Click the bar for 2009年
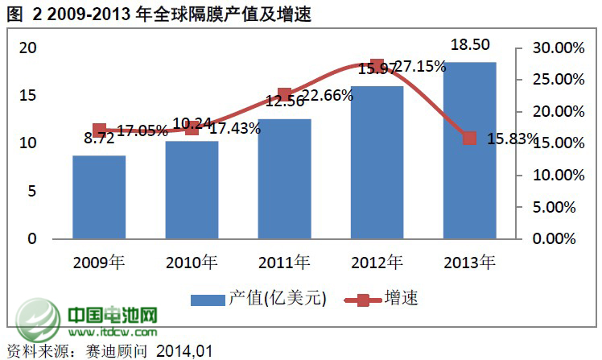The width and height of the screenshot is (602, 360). (x=99, y=197)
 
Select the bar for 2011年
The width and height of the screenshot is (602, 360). (x=284, y=179)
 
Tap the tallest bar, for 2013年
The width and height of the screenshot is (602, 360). (x=469, y=151)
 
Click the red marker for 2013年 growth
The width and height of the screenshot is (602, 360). (x=470, y=139)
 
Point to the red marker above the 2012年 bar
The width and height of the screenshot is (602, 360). (x=377, y=66)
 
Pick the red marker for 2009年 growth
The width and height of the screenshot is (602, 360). (x=99, y=130)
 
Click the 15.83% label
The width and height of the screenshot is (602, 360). (x=512, y=139)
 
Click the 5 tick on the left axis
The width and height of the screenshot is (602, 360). (x=32, y=191)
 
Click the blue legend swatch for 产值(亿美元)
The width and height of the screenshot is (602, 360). (x=208, y=300)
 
